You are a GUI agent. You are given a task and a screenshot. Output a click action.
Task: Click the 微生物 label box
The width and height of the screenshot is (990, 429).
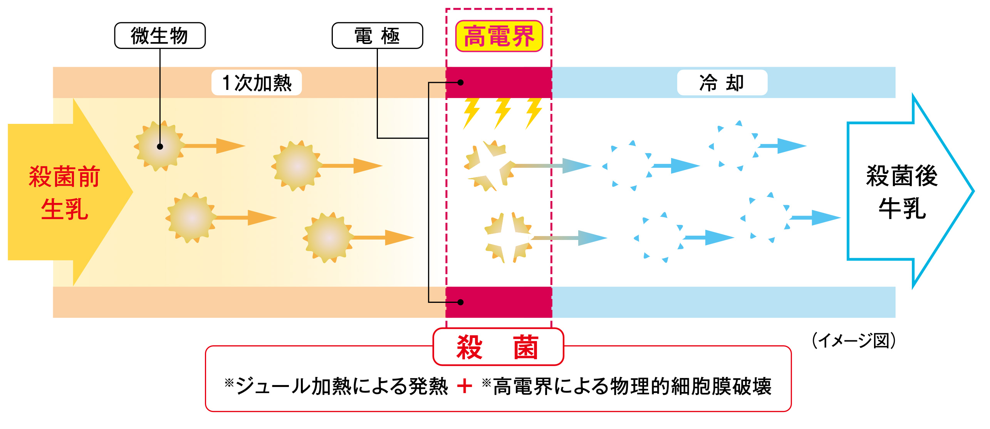click(x=159, y=35)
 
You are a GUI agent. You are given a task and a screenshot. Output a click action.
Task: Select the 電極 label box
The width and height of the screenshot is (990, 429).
click(x=377, y=35)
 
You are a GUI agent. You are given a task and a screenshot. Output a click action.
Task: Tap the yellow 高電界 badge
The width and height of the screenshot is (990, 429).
click(x=499, y=36)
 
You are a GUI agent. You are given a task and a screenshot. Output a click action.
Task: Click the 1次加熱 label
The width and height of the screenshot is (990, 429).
click(x=257, y=83)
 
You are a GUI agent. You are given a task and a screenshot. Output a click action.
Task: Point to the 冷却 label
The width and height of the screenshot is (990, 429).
click(x=722, y=83)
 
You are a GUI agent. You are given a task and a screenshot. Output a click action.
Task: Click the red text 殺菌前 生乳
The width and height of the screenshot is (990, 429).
click(x=64, y=193)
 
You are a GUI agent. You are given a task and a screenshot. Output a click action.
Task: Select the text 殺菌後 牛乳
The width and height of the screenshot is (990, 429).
click(x=902, y=192)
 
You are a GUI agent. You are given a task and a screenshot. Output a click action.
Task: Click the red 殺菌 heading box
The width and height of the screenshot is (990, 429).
click(x=498, y=347)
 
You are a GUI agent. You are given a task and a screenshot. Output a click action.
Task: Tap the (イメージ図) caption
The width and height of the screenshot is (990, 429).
click(x=853, y=341)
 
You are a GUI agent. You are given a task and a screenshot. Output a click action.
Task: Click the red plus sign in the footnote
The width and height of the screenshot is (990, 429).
click(x=465, y=386)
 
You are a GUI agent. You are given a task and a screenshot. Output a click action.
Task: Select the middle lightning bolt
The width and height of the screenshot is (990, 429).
click(x=502, y=113)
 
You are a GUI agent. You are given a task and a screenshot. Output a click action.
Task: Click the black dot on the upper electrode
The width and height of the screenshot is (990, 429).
click(x=460, y=82)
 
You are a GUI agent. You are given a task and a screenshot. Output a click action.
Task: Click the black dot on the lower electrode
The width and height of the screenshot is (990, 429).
click(x=460, y=302)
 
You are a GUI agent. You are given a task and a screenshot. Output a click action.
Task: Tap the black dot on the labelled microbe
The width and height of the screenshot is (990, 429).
click(x=160, y=147)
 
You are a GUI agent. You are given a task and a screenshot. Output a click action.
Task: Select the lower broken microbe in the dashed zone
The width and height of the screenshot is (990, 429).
click(x=508, y=238)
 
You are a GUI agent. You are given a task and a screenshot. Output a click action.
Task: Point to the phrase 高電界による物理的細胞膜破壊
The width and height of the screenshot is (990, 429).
click(x=632, y=386)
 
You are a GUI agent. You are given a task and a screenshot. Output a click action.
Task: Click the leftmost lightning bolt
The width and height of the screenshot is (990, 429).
click(x=471, y=113)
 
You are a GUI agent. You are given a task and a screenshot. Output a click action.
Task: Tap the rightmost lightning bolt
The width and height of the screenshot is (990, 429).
click(x=534, y=113)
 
